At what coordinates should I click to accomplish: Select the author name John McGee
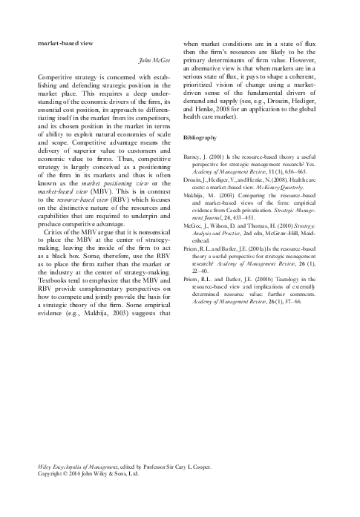[x=154, y=59]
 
